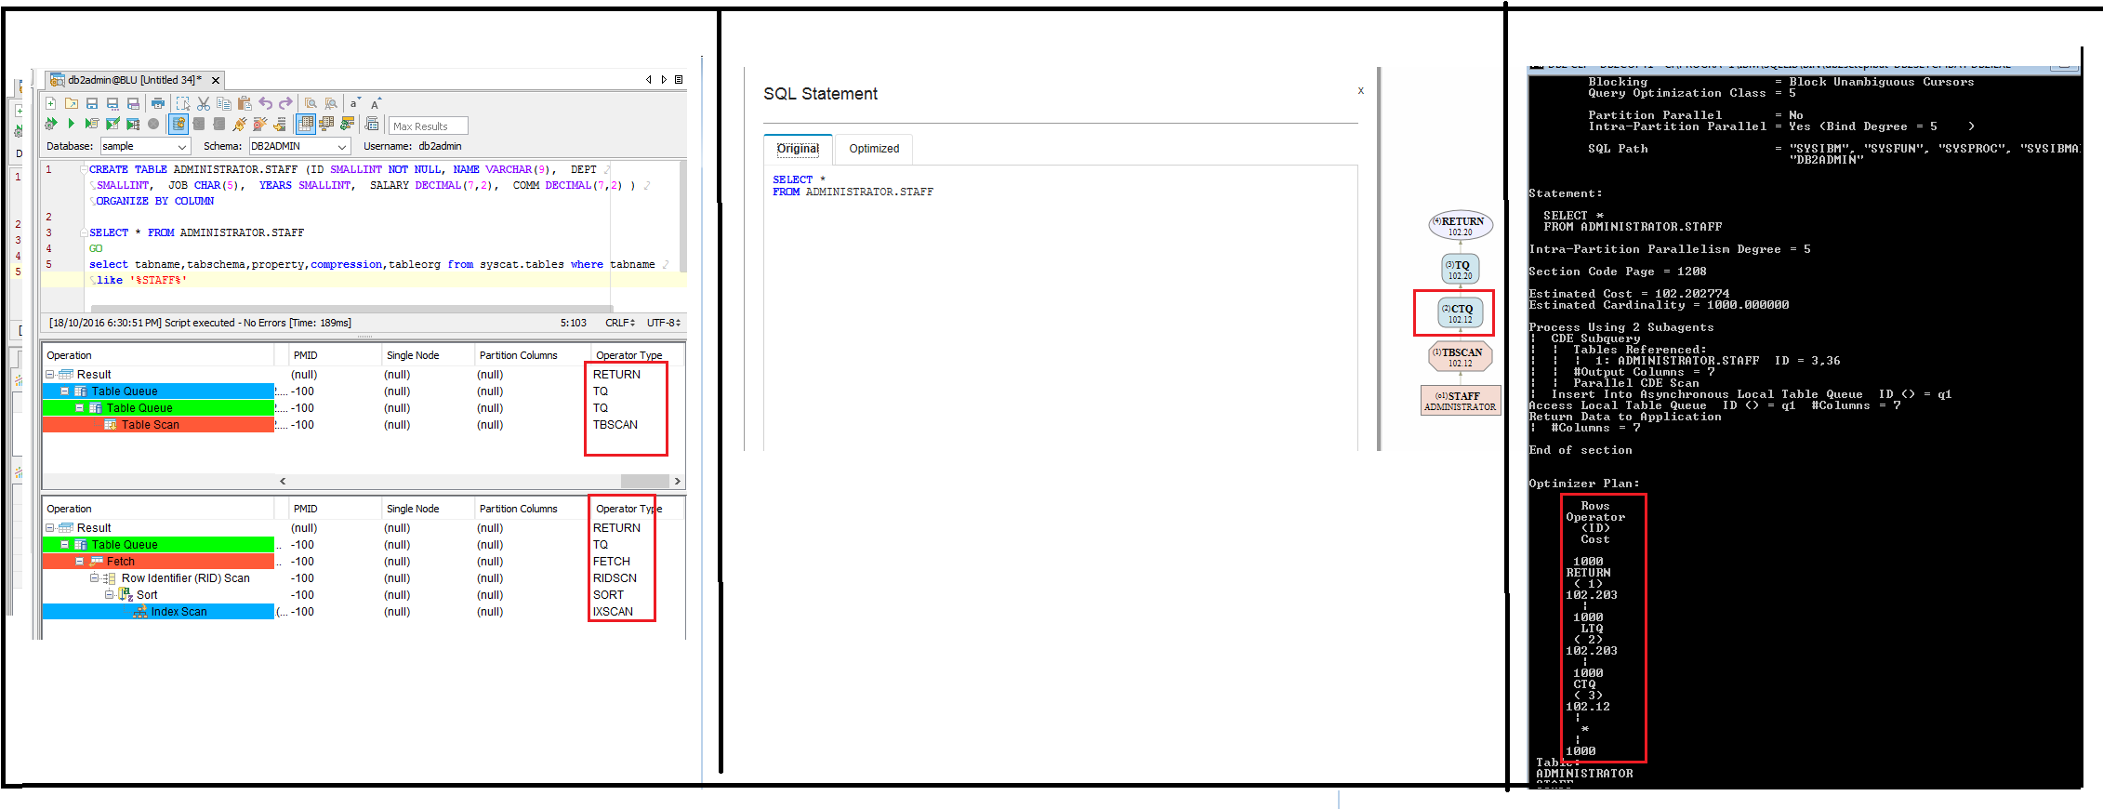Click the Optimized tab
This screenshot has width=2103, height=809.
(x=874, y=149)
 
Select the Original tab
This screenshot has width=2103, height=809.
(x=798, y=149)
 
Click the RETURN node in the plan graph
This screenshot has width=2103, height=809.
(x=1461, y=225)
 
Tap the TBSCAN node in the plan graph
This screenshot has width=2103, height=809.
(x=1461, y=356)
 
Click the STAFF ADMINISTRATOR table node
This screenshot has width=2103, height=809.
(x=1461, y=401)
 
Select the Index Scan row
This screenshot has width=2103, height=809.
(x=179, y=612)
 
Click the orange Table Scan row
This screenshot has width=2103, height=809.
(x=150, y=425)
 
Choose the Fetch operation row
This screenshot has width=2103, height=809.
(x=120, y=562)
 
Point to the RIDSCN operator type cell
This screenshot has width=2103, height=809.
(x=615, y=578)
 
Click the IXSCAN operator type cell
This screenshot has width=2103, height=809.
(x=613, y=612)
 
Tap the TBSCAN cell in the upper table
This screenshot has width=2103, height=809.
(x=615, y=425)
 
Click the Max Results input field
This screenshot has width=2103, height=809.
(x=427, y=126)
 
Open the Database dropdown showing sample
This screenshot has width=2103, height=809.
(x=145, y=147)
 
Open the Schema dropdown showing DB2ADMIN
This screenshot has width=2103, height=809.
(x=298, y=147)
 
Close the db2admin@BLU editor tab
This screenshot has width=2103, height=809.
(x=216, y=81)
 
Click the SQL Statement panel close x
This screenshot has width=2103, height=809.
(x=1361, y=91)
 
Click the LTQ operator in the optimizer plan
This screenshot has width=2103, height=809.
(x=1592, y=629)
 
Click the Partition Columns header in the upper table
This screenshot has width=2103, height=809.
(x=518, y=355)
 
